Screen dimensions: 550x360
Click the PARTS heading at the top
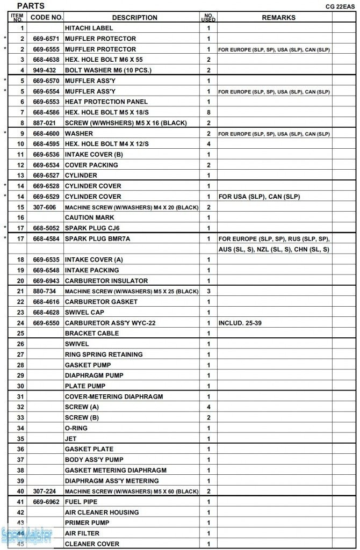pyautogui.click(x=31, y=6)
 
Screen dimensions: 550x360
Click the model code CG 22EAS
pyautogui.click(x=340, y=7)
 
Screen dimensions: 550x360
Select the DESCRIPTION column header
pyautogui.click(x=134, y=18)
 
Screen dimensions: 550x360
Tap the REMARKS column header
pyautogui.click(x=278, y=18)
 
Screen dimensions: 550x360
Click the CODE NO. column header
pyautogui.click(x=46, y=17)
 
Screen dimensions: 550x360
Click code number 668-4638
pyautogui.click(x=46, y=60)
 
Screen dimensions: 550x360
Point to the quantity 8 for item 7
pyautogui.click(x=208, y=112)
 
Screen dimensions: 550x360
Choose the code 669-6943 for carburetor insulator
pyautogui.click(x=46, y=281)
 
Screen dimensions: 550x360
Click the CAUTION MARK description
pyautogui.click(x=87, y=218)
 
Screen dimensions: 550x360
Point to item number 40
pyautogui.click(x=21, y=491)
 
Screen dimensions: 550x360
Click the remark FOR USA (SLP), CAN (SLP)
pyautogui.click(x=258, y=197)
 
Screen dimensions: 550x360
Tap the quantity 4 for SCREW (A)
pyautogui.click(x=208, y=407)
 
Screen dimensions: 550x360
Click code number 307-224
pyautogui.click(x=45, y=491)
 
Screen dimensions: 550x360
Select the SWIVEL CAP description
pyautogui.click(x=84, y=312)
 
